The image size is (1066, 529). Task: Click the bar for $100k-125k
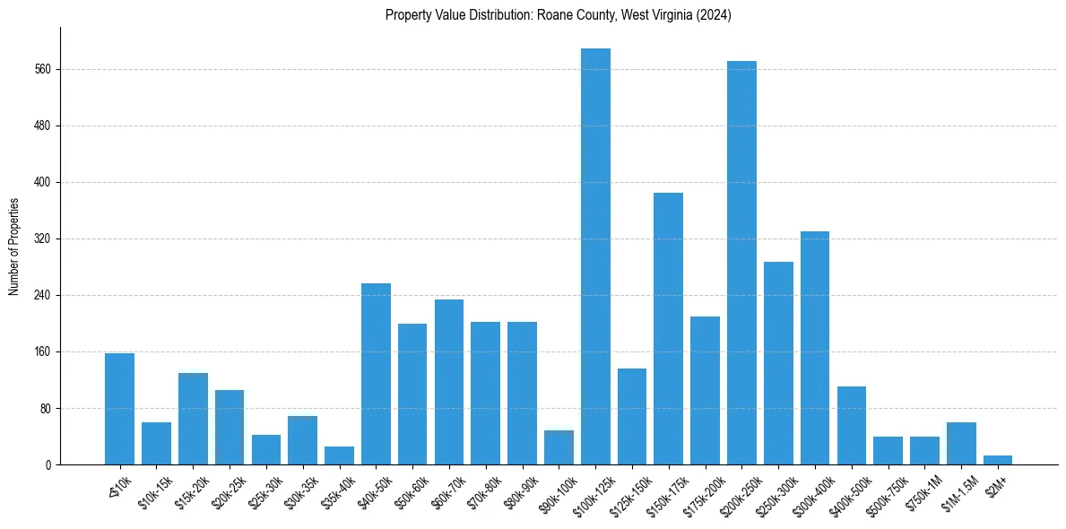[595, 256]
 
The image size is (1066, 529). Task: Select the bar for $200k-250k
[741, 263]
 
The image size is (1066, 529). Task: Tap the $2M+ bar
[998, 460]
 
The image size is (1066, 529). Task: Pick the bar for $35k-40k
[339, 455]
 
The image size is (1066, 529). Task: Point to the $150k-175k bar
[669, 328]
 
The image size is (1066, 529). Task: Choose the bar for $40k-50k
[376, 374]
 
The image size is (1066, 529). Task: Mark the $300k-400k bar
[815, 348]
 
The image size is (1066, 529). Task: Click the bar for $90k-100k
[559, 447]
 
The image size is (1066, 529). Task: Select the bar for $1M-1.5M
[961, 444]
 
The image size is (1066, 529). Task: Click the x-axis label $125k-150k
[628, 490]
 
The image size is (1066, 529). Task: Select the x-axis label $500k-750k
[884, 490]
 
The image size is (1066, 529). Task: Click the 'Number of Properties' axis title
[13, 247]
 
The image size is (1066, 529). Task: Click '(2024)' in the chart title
[715, 15]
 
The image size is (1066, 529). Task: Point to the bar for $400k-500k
[852, 426]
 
